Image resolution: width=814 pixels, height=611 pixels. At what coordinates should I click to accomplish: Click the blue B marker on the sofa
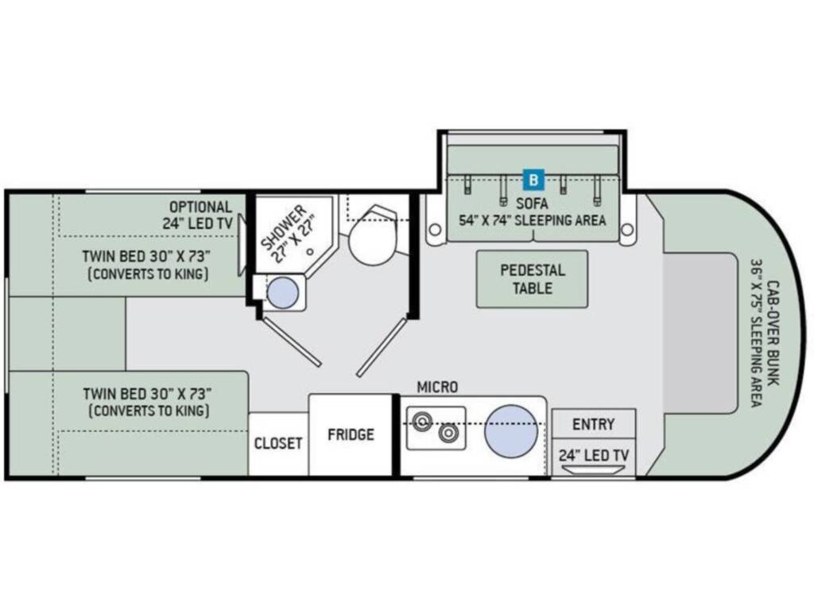click(x=533, y=180)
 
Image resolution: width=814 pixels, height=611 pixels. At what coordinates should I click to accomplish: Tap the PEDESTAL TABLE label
click(x=532, y=279)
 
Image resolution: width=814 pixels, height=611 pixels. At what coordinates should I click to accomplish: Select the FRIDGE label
click(x=351, y=434)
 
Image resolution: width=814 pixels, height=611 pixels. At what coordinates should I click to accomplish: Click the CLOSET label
click(x=277, y=443)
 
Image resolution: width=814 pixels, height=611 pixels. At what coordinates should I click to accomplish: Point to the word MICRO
click(x=438, y=387)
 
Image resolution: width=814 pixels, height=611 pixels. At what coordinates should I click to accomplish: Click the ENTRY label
click(x=593, y=425)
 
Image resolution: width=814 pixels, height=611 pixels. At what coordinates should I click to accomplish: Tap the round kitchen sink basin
click(x=511, y=431)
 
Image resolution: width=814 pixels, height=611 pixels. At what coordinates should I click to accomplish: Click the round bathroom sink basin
click(x=282, y=293)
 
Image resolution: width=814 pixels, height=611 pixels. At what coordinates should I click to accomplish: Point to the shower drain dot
click(x=310, y=252)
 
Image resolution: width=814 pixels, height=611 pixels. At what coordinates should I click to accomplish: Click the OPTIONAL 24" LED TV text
click(x=197, y=215)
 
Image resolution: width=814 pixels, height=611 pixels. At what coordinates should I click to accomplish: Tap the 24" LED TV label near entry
click(x=593, y=456)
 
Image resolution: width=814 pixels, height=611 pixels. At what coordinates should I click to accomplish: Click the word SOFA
click(x=532, y=203)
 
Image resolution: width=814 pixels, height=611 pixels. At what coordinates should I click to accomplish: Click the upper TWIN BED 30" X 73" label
click(x=146, y=256)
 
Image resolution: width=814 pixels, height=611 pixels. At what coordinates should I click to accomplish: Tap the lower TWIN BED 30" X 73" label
click(x=147, y=394)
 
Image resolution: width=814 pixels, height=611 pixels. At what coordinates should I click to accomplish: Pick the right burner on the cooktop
click(x=448, y=433)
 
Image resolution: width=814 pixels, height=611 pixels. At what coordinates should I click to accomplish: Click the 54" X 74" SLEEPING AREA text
click(x=532, y=220)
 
